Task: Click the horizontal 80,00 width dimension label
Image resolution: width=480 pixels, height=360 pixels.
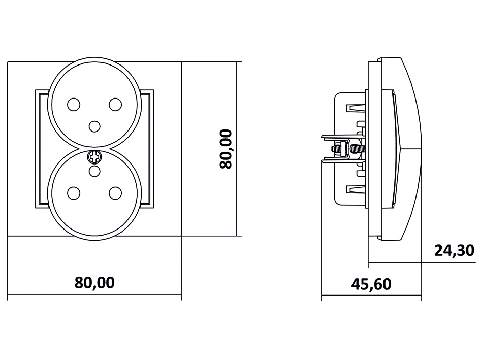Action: [x=94, y=283]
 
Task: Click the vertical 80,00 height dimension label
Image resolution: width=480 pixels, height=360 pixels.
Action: [x=226, y=149]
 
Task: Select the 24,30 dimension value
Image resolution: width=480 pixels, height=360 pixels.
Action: [x=454, y=251]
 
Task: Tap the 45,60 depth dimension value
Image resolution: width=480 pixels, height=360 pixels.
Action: [x=371, y=284]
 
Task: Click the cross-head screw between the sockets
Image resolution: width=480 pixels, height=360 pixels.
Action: [x=94, y=157]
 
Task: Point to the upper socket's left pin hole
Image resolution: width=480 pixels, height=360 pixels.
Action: [x=74, y=105]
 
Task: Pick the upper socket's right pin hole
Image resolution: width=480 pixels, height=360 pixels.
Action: [x=115, y=105]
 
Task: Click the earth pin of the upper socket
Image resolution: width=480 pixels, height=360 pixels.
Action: [x=94, y=126]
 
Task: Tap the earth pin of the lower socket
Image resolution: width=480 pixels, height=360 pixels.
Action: [x=94, y=172]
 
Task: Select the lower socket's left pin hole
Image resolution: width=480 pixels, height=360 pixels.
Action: [x=74, y=193]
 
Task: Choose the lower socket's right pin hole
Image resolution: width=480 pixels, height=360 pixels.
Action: [x=115, y=193]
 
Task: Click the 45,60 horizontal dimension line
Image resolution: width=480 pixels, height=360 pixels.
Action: [x=371, y=296]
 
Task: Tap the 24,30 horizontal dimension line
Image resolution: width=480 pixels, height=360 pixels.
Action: [x=422, y=263]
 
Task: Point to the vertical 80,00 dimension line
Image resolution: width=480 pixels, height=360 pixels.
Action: [x=238, y=149]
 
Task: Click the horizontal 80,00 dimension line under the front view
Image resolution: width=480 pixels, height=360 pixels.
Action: [x=94, y=295]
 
